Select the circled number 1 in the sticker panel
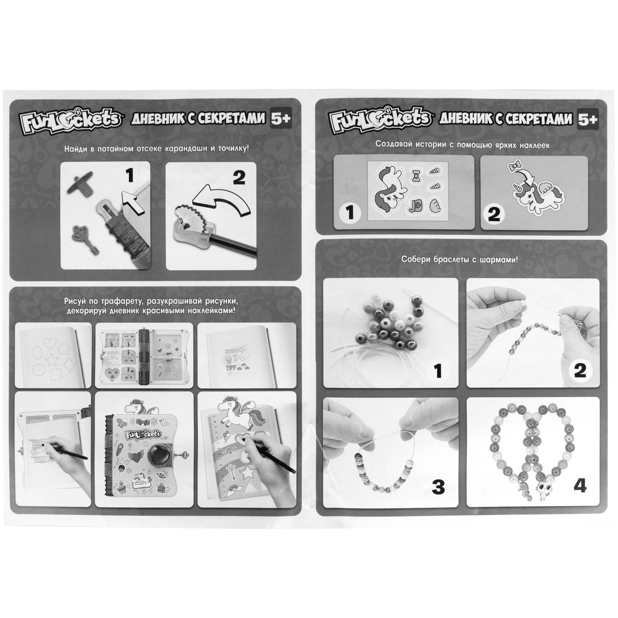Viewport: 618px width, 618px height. (x=350, y=213)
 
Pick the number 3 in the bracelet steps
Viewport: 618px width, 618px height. (x=438, y=487)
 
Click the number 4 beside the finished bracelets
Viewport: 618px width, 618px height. (x=579, y=487)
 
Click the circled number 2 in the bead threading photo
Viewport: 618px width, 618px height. (x=580, y=371)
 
